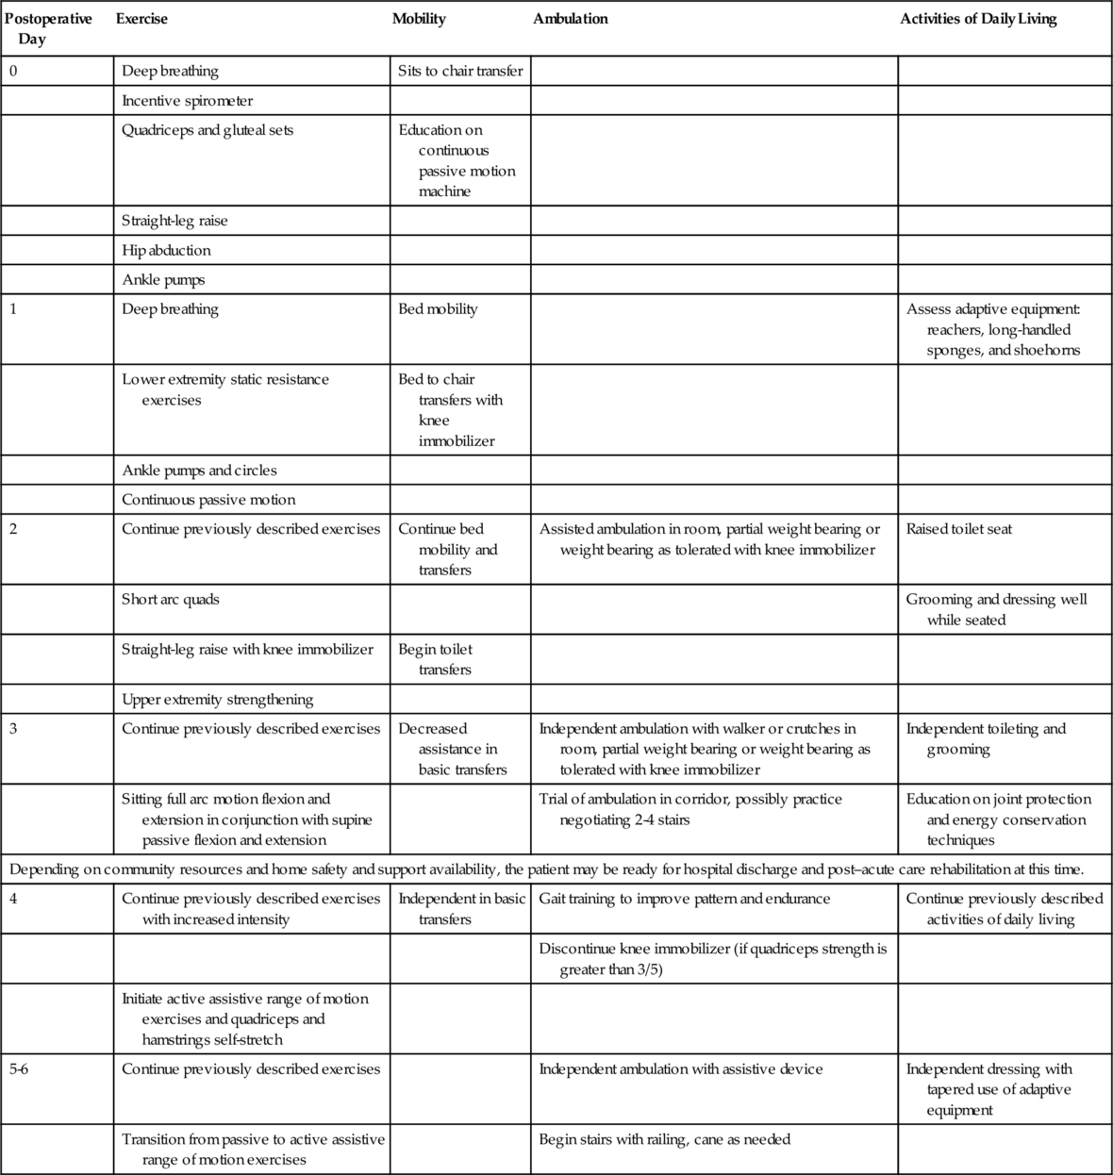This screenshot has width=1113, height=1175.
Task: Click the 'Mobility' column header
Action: click(419, 19)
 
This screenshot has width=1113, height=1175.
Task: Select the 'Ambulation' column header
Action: click(571, 19)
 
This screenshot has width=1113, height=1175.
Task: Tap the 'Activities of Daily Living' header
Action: click(978, 19)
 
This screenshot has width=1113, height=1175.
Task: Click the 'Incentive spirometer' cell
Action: click(188, 101)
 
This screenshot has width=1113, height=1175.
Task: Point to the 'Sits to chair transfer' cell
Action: click(460, 71)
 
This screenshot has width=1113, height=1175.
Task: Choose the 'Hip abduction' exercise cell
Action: click(166, 250)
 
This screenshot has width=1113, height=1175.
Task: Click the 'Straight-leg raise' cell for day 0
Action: click(174, 221)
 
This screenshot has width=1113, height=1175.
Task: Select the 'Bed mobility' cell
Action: click(438, 309)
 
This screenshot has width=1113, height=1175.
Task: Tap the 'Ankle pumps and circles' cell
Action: click(199, 471)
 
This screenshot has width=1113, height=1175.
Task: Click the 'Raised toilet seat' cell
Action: click(958, 529)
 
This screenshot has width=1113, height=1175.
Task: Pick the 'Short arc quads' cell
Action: click(171, 600)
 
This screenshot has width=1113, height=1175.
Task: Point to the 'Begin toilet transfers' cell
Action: click(436, 659)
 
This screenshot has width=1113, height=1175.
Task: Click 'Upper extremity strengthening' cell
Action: click(218, 700)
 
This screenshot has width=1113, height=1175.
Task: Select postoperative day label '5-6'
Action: click(19, 1069)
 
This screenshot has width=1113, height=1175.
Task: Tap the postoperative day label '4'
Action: click(13, 899)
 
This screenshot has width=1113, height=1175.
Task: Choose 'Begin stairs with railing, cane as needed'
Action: click(664, 1139)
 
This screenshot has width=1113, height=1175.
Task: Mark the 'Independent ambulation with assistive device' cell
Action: click(681, 1069)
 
